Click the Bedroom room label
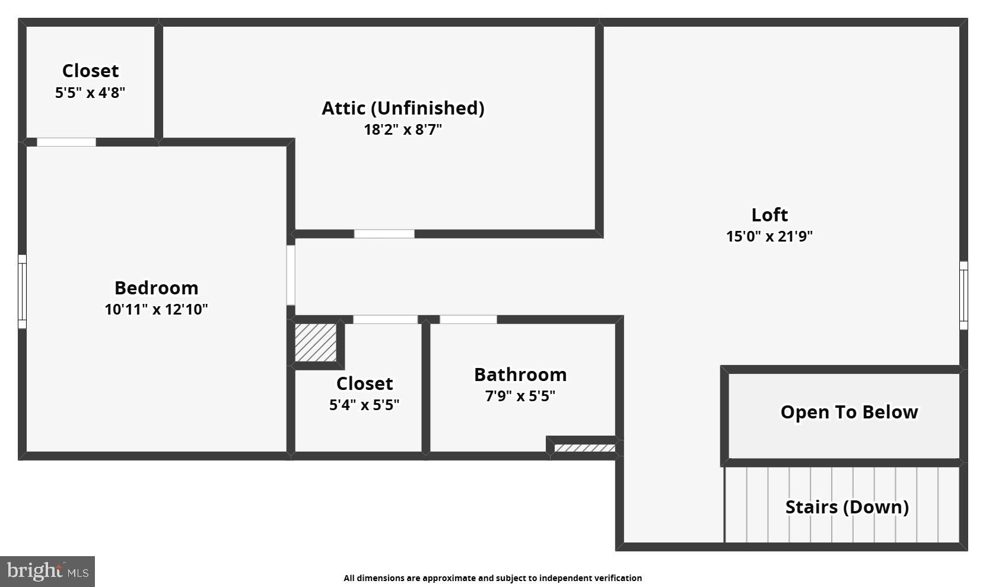[x=156, y=288]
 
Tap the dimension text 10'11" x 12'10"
[x=156, y=309]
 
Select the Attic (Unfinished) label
[x=403, y=109]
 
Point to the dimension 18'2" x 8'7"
[x=403, y=129]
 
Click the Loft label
[x=769, y=215]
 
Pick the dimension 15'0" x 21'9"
[x=769, y=236]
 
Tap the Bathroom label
[x=520, y=375]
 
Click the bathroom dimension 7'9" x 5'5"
[x=520, y=396]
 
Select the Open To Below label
[x=849, y=412]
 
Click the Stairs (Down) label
[x=847, y=507]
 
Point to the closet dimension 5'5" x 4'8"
[x=90, y=93]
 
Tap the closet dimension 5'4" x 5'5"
[x=364, y=405]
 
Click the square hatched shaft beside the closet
[x=315, y=342]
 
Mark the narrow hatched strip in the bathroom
[x=584, y=448]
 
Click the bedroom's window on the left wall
[x=22, y=291]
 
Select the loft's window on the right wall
[x=963, y=296]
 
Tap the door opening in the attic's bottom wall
[x=384, y=234]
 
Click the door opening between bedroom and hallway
[x=291, y=275]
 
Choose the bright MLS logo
[x=47, y=572]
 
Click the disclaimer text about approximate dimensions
[x=492, y=578]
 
